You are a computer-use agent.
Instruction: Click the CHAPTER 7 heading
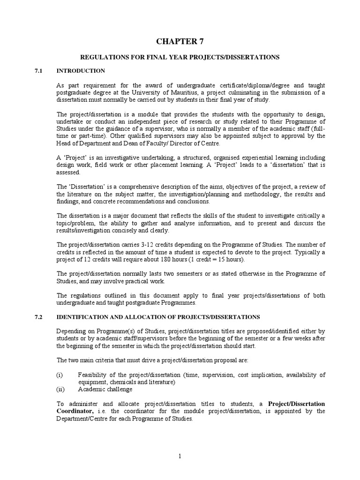point(180,42)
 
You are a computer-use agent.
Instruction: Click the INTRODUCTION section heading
point(81,71)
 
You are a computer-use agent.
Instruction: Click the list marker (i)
point(60,375)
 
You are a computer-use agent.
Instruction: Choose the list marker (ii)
point(60,390)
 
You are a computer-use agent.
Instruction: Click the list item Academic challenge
point(105,390)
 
